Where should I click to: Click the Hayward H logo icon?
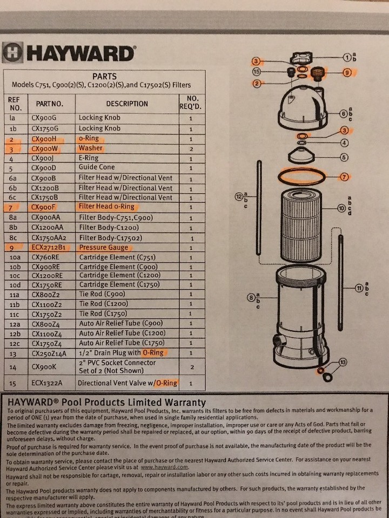coord(12,53)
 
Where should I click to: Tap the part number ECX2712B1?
coord(50,248)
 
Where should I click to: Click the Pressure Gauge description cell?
coord(104,248)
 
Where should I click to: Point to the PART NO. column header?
coord(50,104)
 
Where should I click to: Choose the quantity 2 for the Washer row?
coord(190,148)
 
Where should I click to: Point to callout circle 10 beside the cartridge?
coord(341,207)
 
